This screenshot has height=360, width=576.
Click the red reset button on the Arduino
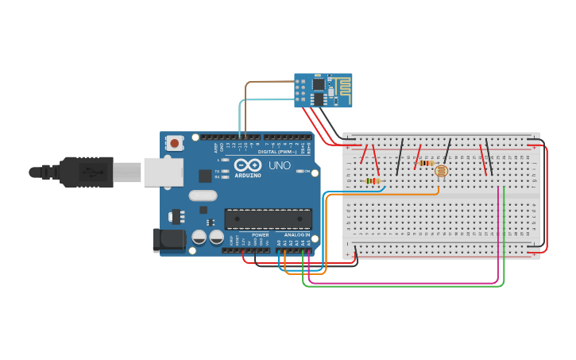pyautogui.click(x=174, y=143)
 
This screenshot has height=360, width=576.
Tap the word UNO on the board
pyautogui.click(x=279, y=167)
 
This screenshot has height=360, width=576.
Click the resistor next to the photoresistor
pyautogui.click(x=426, y=164)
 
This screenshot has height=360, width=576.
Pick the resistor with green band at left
pyautogui.click(x=373, y=180)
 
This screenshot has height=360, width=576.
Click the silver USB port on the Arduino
pyautogui.click(x=163, y=172)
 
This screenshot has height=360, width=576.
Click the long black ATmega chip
pyautogui.click(x=268, y=219)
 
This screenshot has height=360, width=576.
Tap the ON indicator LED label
pyautogui.click(x=307, y=171)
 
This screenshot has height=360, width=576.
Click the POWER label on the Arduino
pyautogui.click(x=260, y=235)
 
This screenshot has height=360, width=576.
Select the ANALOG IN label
pyautogui.click(x=296, y=235)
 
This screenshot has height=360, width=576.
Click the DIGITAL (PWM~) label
pyautogui.click(x=277, y=151)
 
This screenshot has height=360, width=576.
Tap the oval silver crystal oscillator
pyautogui.click(x=203, y=195)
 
